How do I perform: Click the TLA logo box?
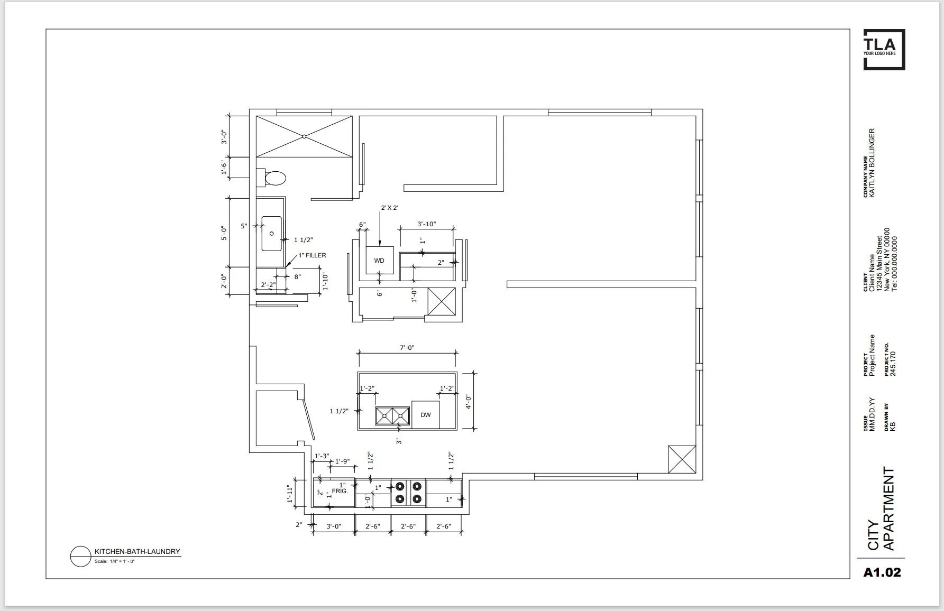[x=884, y=49]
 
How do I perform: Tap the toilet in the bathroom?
[x=273, y=178]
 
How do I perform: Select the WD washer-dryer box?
[x=379, y=260]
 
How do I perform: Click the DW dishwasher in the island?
[x=425, y=414]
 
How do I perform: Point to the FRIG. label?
[x=340, y=491]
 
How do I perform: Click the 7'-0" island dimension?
[x=407, y=347]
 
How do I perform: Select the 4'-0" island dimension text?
[x=468, y=402]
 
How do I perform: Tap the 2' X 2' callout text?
[x=389, y=208]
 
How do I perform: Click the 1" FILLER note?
[x=312, y=255]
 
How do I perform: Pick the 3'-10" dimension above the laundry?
[x=426, y=224]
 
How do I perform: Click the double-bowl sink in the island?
[x=392, y=416]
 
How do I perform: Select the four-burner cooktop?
[x=408, y=492]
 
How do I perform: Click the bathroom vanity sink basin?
[x=272, y=233]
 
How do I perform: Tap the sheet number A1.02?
[x=882, y=572]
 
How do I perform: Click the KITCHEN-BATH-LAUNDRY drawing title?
[x=137, y=551]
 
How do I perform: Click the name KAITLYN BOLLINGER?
[x=872, y=163]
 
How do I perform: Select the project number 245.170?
[x=893, y=363]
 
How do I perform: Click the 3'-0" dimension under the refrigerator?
[x=333, y=526]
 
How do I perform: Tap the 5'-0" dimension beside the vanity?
[x=224, y=233]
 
